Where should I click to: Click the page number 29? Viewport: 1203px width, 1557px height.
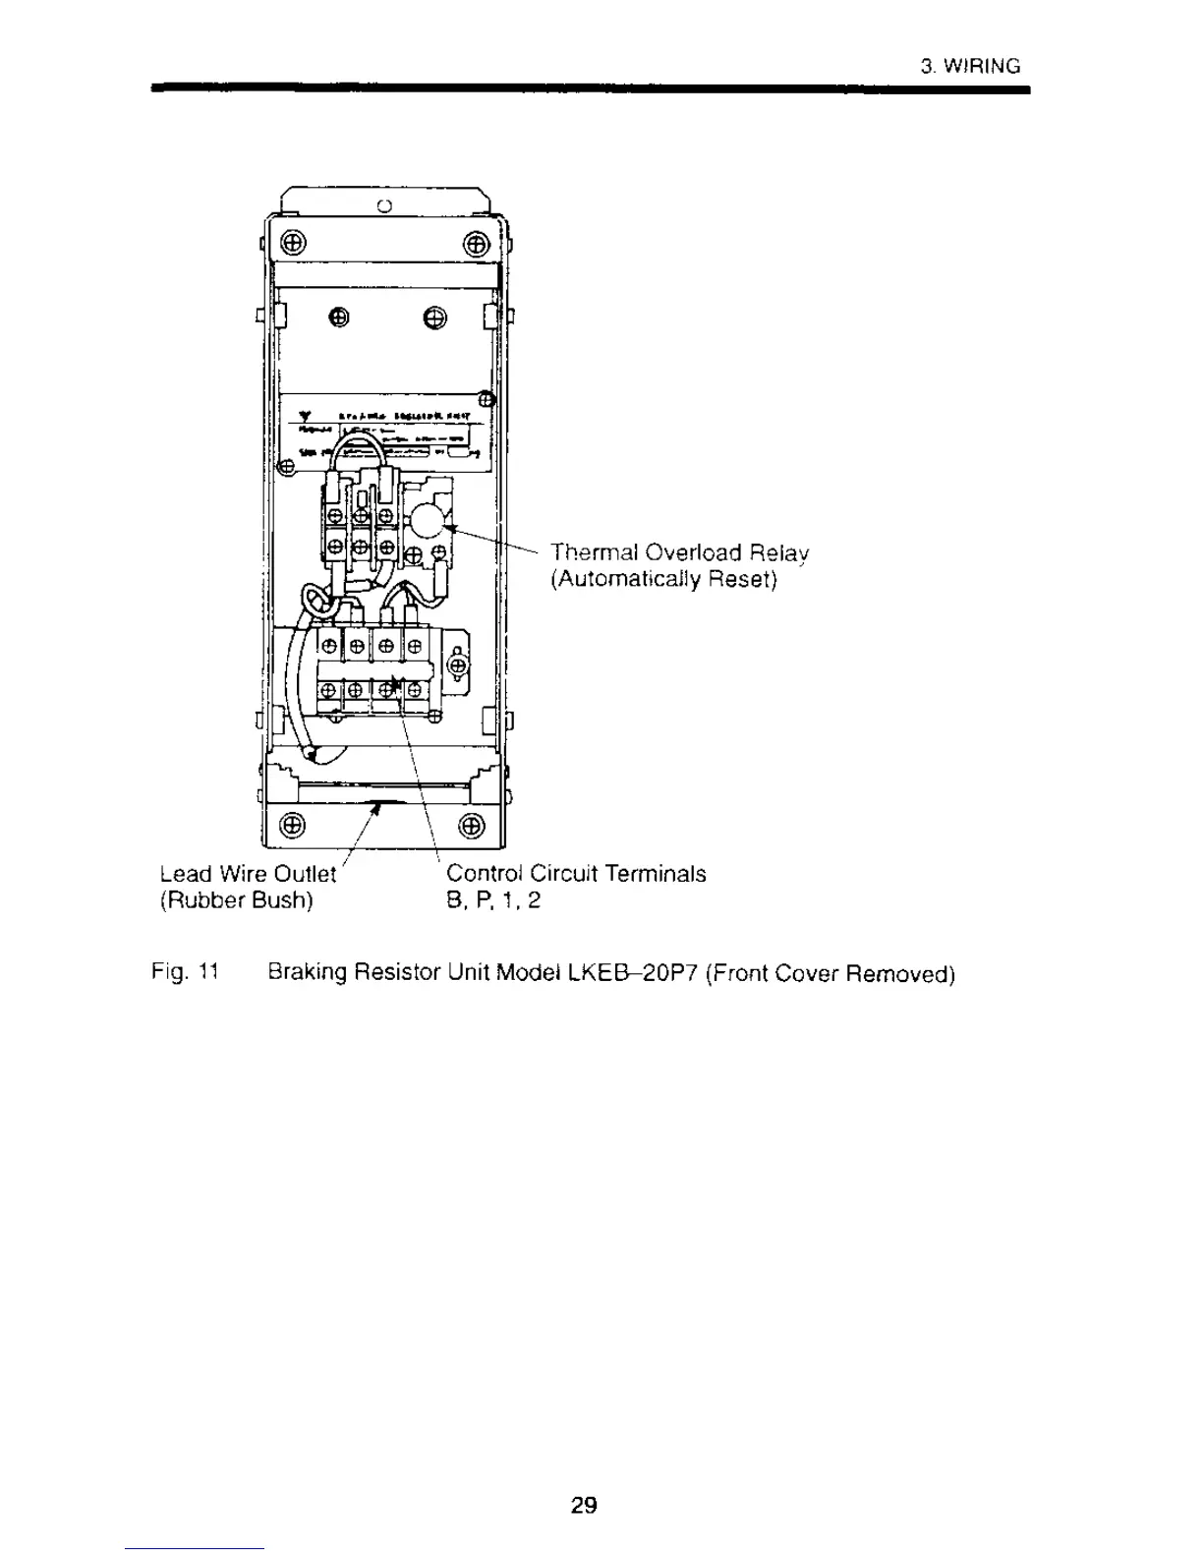click(584, 1505)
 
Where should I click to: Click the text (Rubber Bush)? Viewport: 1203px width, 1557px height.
click(236, 900)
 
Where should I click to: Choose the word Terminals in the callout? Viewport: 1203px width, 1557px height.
click(656, 874)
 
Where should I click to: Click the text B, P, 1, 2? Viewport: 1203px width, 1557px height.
click(493, 900)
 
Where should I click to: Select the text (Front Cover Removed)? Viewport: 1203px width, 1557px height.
click(831, 974)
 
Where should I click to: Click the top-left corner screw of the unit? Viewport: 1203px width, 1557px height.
click(295, 243)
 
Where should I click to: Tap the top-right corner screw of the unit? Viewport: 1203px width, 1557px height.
click(475, 243)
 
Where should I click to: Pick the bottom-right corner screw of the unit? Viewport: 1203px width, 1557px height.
click(472, 824)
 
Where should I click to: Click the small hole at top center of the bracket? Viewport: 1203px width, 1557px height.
click(384, 205)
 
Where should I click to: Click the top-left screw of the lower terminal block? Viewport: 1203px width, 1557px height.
click(329, 646)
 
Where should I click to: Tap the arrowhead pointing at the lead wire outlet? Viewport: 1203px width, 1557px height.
click(376, 807)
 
